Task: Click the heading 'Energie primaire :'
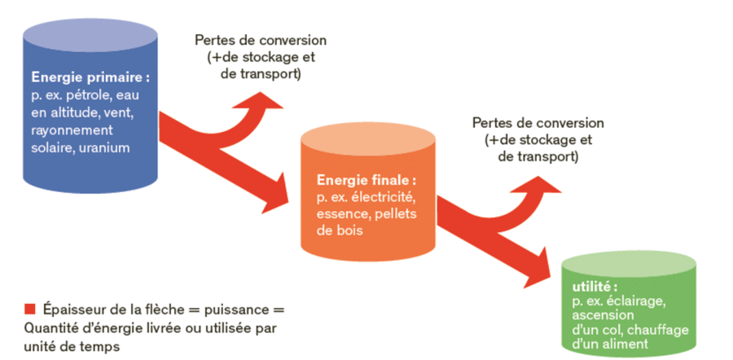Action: pos(90,79)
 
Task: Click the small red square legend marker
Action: pos(30,310)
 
